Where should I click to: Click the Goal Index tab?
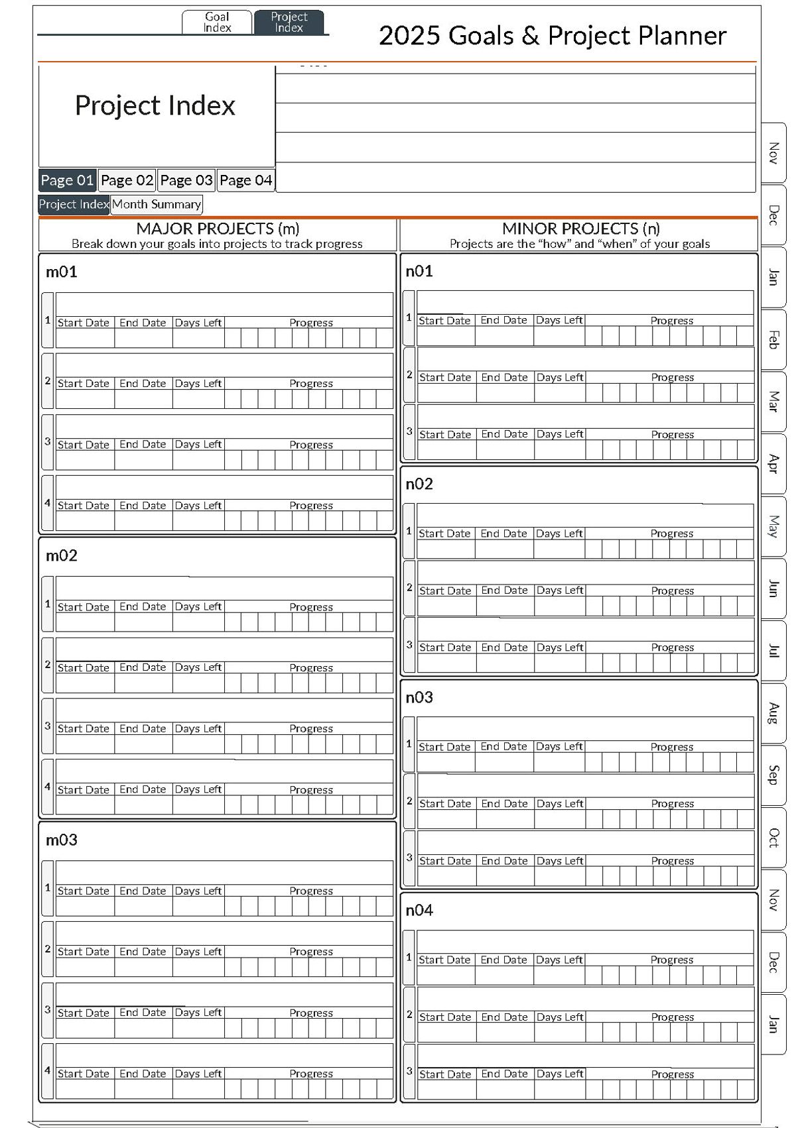point(217,22)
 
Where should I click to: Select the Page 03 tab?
point(186,180)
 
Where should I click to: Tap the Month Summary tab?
point(157,204)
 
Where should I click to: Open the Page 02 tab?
point(127,180)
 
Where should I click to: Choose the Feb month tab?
point(773,339)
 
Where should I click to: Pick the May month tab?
point(773,526)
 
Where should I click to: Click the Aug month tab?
point(773,713)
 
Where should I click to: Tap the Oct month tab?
point(773,837)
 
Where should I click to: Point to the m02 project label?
point(62,555)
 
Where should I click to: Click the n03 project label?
point(419,697)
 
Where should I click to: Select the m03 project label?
point(62,840)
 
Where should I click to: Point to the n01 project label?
point(419,271)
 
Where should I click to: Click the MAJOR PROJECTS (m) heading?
point(218,229)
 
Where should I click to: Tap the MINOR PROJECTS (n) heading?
point(580,229)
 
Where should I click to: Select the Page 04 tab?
point(245,180)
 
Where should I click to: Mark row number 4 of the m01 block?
point(48,503)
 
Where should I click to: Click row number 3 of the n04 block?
point(409,1070)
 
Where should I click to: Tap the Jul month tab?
point(773,651)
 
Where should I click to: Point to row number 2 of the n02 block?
point(409,588)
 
